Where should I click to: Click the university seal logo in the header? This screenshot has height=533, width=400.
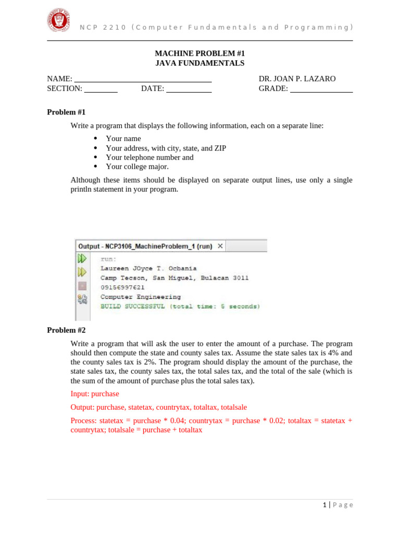pyautogui.click(x=58, y=20)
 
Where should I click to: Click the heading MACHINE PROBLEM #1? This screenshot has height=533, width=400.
pyautogui.click(x=200, y=54)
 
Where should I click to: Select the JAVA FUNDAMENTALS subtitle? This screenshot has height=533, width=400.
pyautogui.click(x=200, y=63)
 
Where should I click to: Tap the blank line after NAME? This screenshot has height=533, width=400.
pyautogui.click(x=143, y=80)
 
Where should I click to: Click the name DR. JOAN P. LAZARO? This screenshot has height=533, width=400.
pyautogui.click(x=297, y=79)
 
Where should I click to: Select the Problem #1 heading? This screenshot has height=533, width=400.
pyautogui.click(x=66, y=112)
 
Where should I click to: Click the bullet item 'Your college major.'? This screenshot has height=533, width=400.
pyautogui.click(x=137, y=167)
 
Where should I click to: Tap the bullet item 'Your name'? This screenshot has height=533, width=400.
pyautogui.click(x=123, y=138)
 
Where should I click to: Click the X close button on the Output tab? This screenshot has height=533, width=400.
pyautogui.click(x=220, y=246)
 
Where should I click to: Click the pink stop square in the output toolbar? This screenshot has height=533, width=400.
pyautogui.click(x=82, y=285)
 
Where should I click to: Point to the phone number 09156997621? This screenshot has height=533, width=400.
pyautogui.click(x=122, y=287)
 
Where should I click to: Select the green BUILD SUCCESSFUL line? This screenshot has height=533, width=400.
pyautogui.click(x=180, y=306)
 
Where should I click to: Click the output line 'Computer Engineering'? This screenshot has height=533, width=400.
pyautogui.click(x=141, y=297)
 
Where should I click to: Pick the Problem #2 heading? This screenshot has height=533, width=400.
pyautogui.click(x=66, y=330)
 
